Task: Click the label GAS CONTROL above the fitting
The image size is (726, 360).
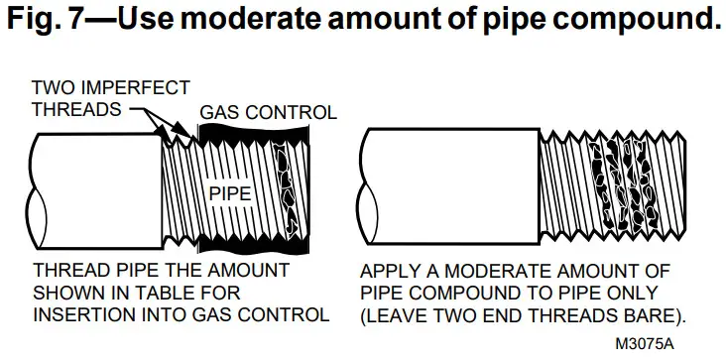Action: [x=268, y=111]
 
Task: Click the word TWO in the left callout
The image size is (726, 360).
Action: [x=51, y=85]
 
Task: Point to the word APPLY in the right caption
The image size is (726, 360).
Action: [x=388, y=271]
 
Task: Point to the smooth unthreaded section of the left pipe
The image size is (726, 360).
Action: [x=94, y=188]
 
